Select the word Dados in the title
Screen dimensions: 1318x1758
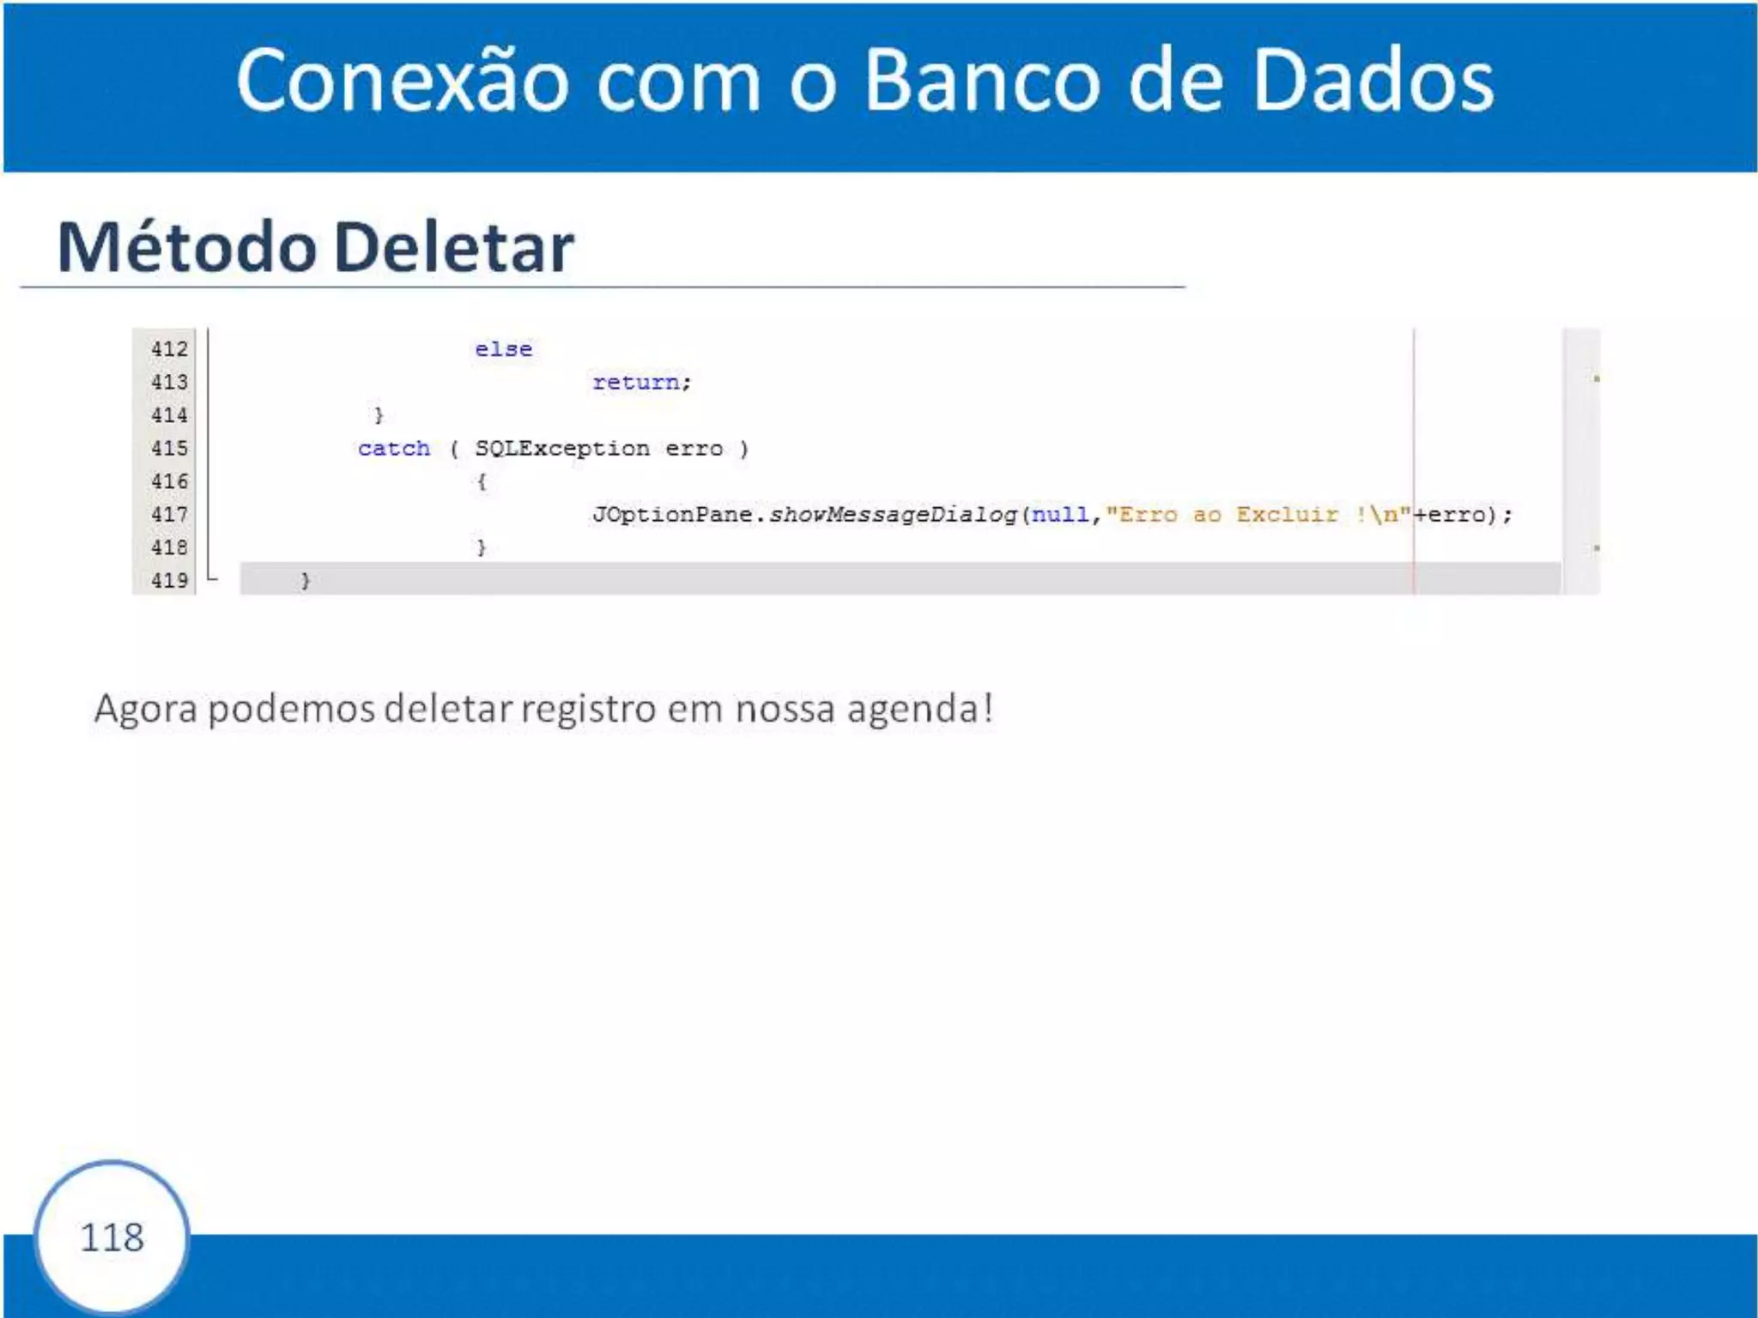pyautogui.click(x=1373, y=80)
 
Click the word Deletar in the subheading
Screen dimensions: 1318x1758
pyautogui.click(x=453, y=247)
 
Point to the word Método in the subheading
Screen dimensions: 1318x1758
pyautogui.click(x=186, y=247)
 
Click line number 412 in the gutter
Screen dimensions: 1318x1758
pyautogui.click(x=169, y=349)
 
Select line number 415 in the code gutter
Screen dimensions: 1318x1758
pyautogui.click(x=169, y=449)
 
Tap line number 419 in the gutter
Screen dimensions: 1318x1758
pyautogui.click(x=169, y=581)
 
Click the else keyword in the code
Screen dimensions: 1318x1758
pyautogui.click(x=504, y=349)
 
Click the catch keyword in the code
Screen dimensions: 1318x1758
pyautogui.click(x=394, y=449)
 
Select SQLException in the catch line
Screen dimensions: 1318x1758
pyautogui.click(x=562, y=449)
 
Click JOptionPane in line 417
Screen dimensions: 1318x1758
pyautogui.click(x=672, y=515)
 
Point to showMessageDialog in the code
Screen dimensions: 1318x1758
pyautogui.click(x=893, y=515)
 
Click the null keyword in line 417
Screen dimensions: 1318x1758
pyautogui.click(x=1060, y=515)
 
